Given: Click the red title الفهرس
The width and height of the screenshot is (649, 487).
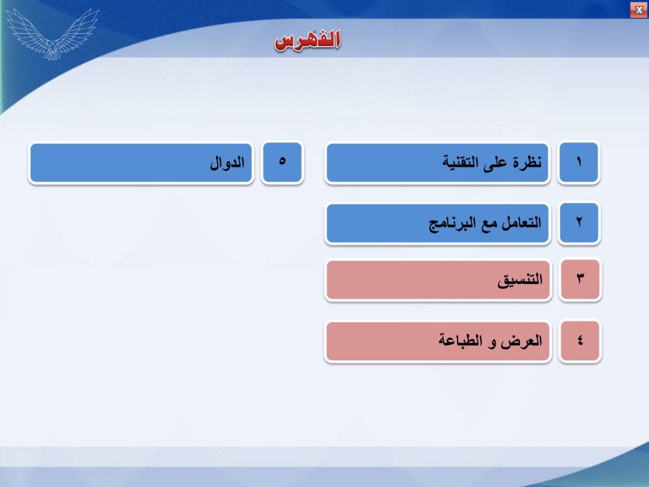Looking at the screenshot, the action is click(x=307, y=40).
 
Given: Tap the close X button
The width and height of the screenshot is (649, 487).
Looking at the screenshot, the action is click(x=639, y=10).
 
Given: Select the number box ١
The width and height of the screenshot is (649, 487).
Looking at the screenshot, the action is click(x=579, y=162).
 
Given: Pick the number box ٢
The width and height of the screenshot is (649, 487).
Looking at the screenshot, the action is click(x=579, y=223).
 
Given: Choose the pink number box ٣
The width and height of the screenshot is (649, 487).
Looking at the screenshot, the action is click(x=579, y=280).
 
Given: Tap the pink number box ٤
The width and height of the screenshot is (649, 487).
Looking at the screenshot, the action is click(x=579, y=341).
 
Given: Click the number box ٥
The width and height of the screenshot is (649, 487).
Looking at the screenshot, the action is click(x=282, y=162).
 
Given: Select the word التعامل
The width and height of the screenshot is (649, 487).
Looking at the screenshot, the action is click(x=521, y=223).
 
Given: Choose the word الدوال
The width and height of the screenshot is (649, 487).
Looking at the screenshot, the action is click(x=228, y=162).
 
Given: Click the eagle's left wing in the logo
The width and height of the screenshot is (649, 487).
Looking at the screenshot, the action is click(x=25, y=29).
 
